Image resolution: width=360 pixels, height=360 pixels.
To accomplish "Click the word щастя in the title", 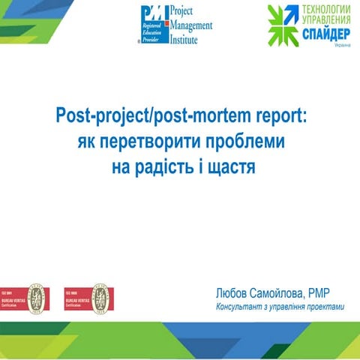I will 232,166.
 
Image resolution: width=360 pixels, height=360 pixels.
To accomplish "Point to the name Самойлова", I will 276,293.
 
